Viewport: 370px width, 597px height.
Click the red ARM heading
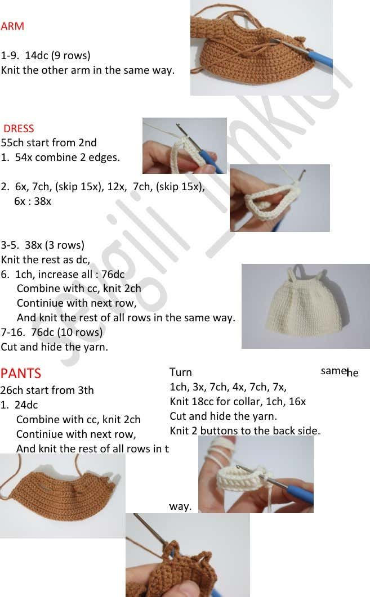(12, 26)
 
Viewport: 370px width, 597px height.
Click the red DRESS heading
(19, 128)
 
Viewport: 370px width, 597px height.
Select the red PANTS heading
(21, 373)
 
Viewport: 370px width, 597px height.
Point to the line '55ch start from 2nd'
(49, 143)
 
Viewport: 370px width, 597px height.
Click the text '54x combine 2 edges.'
(67, 158)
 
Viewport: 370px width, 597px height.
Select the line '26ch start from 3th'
(47, 390)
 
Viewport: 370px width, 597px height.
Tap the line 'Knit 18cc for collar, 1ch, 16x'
(238, 402)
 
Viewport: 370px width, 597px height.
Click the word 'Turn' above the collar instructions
(181, 372)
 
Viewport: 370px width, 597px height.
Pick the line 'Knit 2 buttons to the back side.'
(245, 431)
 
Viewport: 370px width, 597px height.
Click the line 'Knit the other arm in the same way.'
(88, 70)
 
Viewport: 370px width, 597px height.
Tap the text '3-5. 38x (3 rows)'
(43, 245)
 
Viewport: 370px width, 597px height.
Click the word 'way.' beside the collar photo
(180, 507)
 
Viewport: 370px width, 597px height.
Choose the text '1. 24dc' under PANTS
(20, 405)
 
